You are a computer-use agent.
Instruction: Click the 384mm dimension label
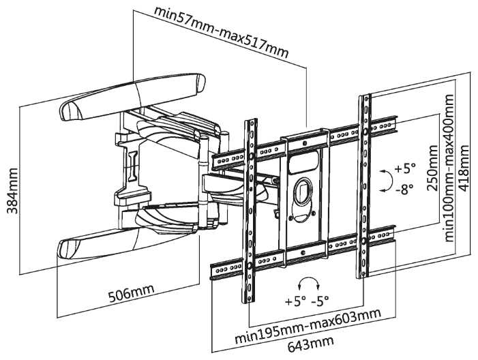coord(12,190)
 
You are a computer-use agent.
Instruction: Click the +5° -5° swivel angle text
coord(310,301)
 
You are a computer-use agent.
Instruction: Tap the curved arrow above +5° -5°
coord(310,282)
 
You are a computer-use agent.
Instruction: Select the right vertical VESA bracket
coord(365,184)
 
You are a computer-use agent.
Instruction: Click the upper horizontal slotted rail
coord(307,142)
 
